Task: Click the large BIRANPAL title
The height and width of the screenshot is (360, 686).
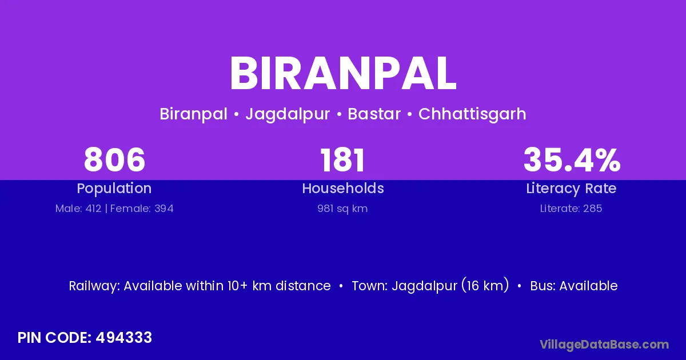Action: coord(343,74)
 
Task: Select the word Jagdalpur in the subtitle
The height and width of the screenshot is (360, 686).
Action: coord(288,114)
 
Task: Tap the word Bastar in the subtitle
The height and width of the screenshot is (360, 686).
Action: coord(374,114)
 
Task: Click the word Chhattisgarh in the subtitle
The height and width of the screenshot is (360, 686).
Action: coord(472,114)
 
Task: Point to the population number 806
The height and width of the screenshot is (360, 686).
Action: coord(114,159)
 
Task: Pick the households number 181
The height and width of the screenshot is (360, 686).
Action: coord(342,159)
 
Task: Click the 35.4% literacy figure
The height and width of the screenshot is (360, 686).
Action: coord(572,159)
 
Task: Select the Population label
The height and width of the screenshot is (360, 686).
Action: coord(114,189)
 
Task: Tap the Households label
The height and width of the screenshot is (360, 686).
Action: coord(343,188)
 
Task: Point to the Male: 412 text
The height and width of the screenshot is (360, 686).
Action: coord(78,209)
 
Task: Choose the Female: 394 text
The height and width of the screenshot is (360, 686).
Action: coord(142,209)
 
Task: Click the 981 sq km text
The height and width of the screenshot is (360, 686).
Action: coord(342,209)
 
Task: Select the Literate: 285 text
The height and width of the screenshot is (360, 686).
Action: coord(571,209)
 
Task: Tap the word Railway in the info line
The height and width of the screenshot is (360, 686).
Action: coord(94,286)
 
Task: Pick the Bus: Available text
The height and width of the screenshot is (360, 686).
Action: coord(574,286)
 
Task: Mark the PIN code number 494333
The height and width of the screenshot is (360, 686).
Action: coord(123,338)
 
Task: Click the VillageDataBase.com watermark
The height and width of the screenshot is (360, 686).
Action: coord(604,345)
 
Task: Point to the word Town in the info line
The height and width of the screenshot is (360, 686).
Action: coord(370,286)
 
